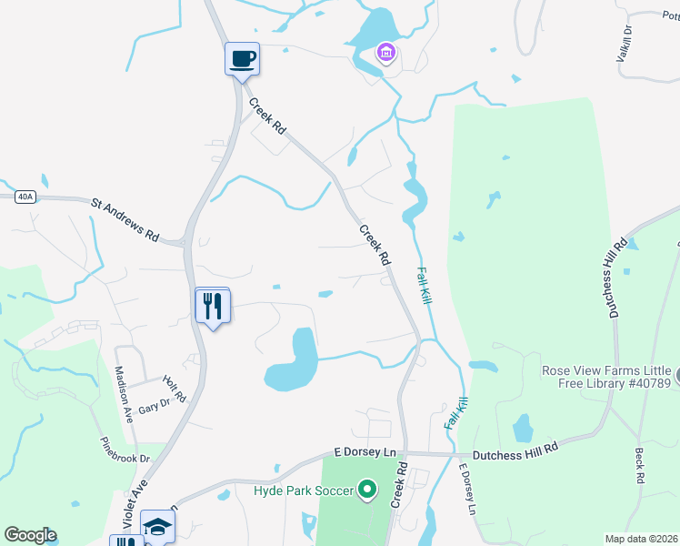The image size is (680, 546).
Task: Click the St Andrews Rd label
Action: click(x=125, y=218)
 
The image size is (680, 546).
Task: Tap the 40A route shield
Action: click(x=25, y=197)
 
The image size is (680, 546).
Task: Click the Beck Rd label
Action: click(x=640, y=465)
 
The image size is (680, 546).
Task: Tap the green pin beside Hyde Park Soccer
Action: click(x=367, y=490)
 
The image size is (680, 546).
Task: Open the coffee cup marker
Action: click(x=242, y=60)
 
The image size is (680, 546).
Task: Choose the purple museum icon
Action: click(x=386, y=53)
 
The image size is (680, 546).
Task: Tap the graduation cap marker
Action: click(x=157, y=527)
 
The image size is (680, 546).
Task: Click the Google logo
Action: click(x=30, y=535)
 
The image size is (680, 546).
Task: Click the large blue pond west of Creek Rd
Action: click(x=294, y=364)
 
